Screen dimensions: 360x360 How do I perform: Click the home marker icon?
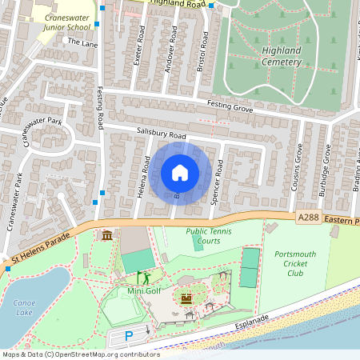tap(180, 173)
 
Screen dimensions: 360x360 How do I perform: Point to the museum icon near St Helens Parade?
tap(107, 234)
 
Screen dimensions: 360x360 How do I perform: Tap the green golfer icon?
tap(145, 278)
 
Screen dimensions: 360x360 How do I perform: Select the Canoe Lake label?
tap(24, 307)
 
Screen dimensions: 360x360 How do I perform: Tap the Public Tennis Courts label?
tap(203, 236)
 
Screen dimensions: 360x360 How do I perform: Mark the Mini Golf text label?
tap(145, 290)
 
